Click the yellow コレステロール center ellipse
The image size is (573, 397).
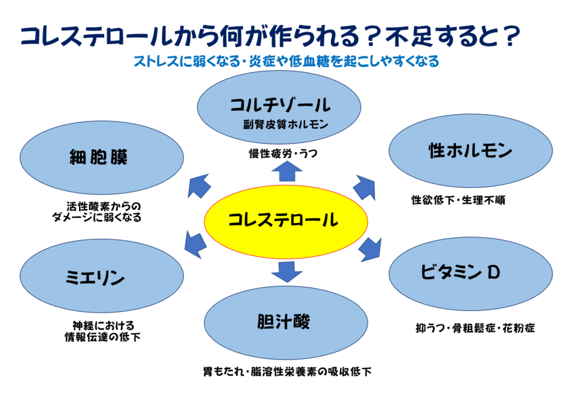[x=286, y=220]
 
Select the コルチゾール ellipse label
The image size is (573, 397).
[x=280, y=105]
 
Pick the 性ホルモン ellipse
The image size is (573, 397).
[x=470, y=150]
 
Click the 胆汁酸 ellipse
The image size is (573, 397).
[x=286, y=322]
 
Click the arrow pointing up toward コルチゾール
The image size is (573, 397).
[x=286, y=172]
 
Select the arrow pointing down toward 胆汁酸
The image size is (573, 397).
[x=286, y=270]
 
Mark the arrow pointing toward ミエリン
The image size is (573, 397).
[x=196, y=242]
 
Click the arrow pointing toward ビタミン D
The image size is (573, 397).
[x=370, y=248]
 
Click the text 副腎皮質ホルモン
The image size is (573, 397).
[x=286, y=125]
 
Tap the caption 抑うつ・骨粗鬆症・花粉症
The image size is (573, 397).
[x=475, y=327]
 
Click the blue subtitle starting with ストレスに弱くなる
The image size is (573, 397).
[x=286, y=61]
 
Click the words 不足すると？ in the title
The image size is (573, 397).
[x=454, y=36]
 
